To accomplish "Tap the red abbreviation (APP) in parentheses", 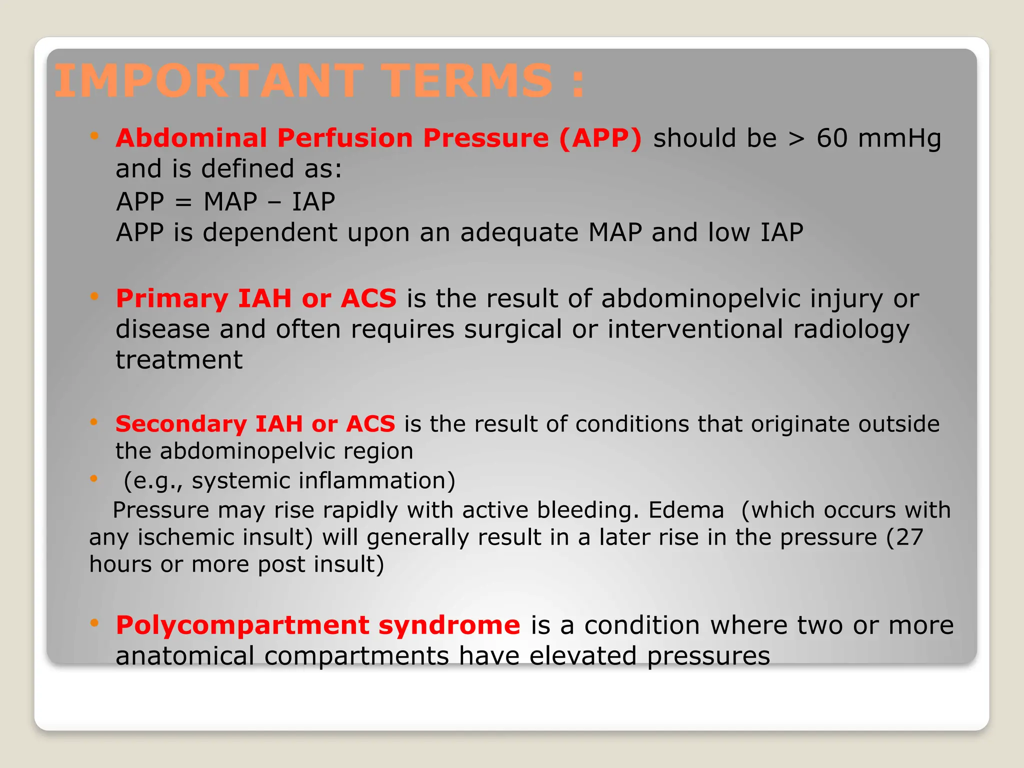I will tap(600, 138).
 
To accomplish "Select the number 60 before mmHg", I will tap(832, 138).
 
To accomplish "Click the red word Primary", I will tap(171, 299).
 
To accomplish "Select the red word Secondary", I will tap(180, 424).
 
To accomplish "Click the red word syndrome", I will tap(449, 625).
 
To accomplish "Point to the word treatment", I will tap(179, 360).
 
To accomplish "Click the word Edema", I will tap(686, 510).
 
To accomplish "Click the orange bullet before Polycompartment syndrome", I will tap(94, 622).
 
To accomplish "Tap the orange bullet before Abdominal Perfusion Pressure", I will tap(94, 135).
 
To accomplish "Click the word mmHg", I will tap(899, 139).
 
